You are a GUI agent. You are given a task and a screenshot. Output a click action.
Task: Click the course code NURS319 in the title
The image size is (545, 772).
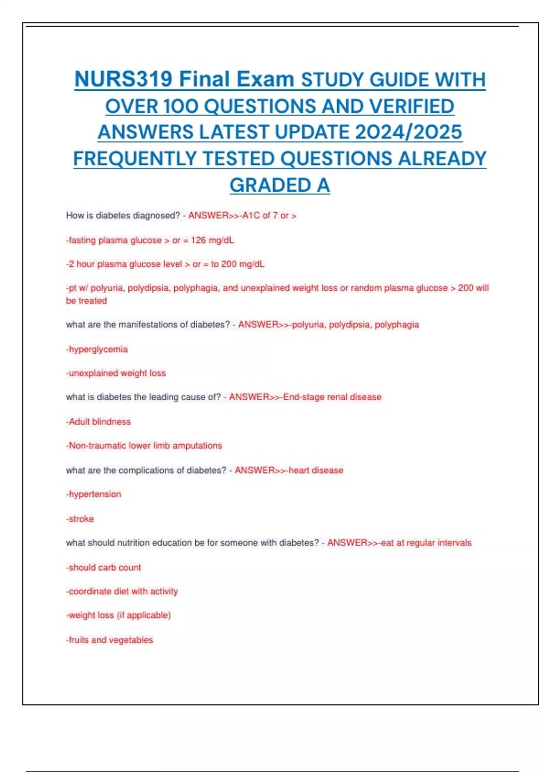pos(124,79)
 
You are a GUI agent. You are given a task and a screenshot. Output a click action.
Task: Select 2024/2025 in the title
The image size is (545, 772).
pos(408,132)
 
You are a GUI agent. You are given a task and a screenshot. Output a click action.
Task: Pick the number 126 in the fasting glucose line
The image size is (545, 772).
pos(198,240)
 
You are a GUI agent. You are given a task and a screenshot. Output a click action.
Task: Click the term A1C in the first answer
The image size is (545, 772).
pos(251,216)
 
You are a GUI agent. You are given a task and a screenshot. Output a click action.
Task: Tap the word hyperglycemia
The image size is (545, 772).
pos(98,349)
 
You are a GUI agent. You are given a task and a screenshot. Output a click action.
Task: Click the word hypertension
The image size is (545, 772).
pos(95,494)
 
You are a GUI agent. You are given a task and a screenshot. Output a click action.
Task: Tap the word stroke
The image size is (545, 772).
pos(81,519)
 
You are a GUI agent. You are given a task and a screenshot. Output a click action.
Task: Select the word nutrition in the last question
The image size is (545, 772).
pos(134,543)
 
